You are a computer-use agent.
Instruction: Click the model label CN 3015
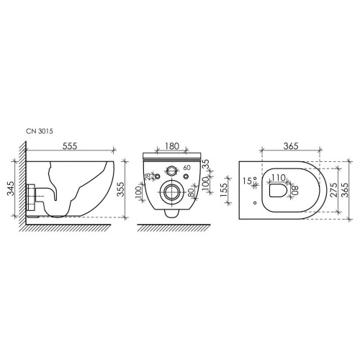[40, 131]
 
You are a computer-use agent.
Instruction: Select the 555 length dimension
[70, 146]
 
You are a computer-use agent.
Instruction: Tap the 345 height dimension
[10, 189]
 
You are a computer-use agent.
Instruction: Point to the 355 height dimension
[122, 189]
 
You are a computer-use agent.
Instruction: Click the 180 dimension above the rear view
[172, 146]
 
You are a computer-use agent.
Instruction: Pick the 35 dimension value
[206, 163]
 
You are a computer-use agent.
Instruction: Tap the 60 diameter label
[187, 168]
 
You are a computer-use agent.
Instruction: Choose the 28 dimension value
[148, 176]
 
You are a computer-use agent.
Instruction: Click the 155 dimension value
[223, 190]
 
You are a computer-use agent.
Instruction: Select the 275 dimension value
[334, 190]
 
